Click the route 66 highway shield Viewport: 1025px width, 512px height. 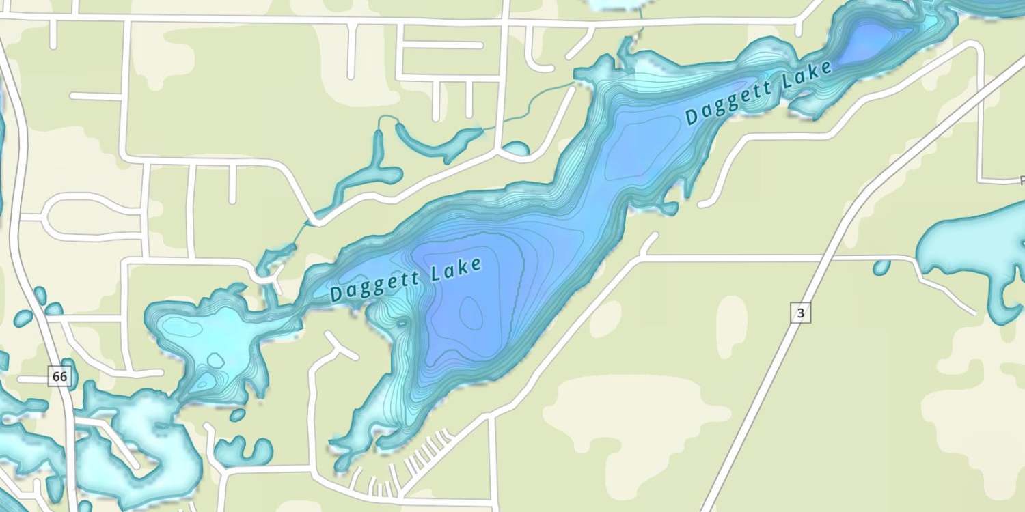pos(60,376)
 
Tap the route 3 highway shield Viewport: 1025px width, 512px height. pos(801,313)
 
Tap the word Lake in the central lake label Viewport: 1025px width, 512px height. pos(457,268)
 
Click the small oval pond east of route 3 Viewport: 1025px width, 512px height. pos(881,267)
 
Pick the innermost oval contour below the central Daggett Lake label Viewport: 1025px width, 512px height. pos(471,313)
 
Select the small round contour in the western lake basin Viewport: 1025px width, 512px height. pos(215,360)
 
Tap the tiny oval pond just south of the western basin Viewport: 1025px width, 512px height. pos(237,414)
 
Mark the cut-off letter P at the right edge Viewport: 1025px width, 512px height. pos(1022,181)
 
